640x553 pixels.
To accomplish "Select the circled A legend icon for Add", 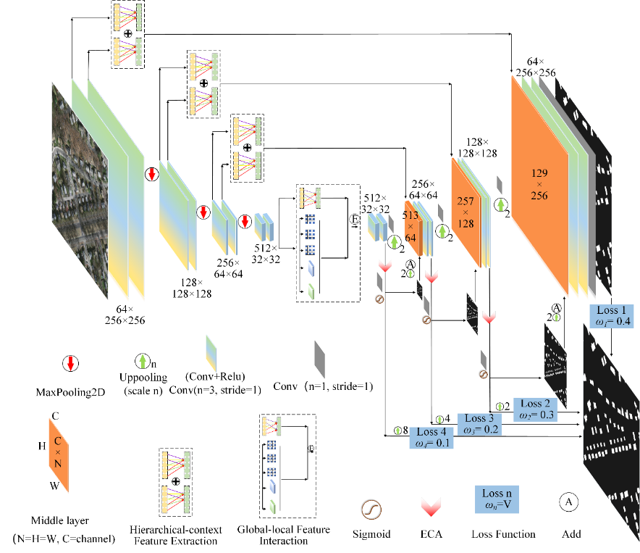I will pyautogui.click(x=568, y=501).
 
